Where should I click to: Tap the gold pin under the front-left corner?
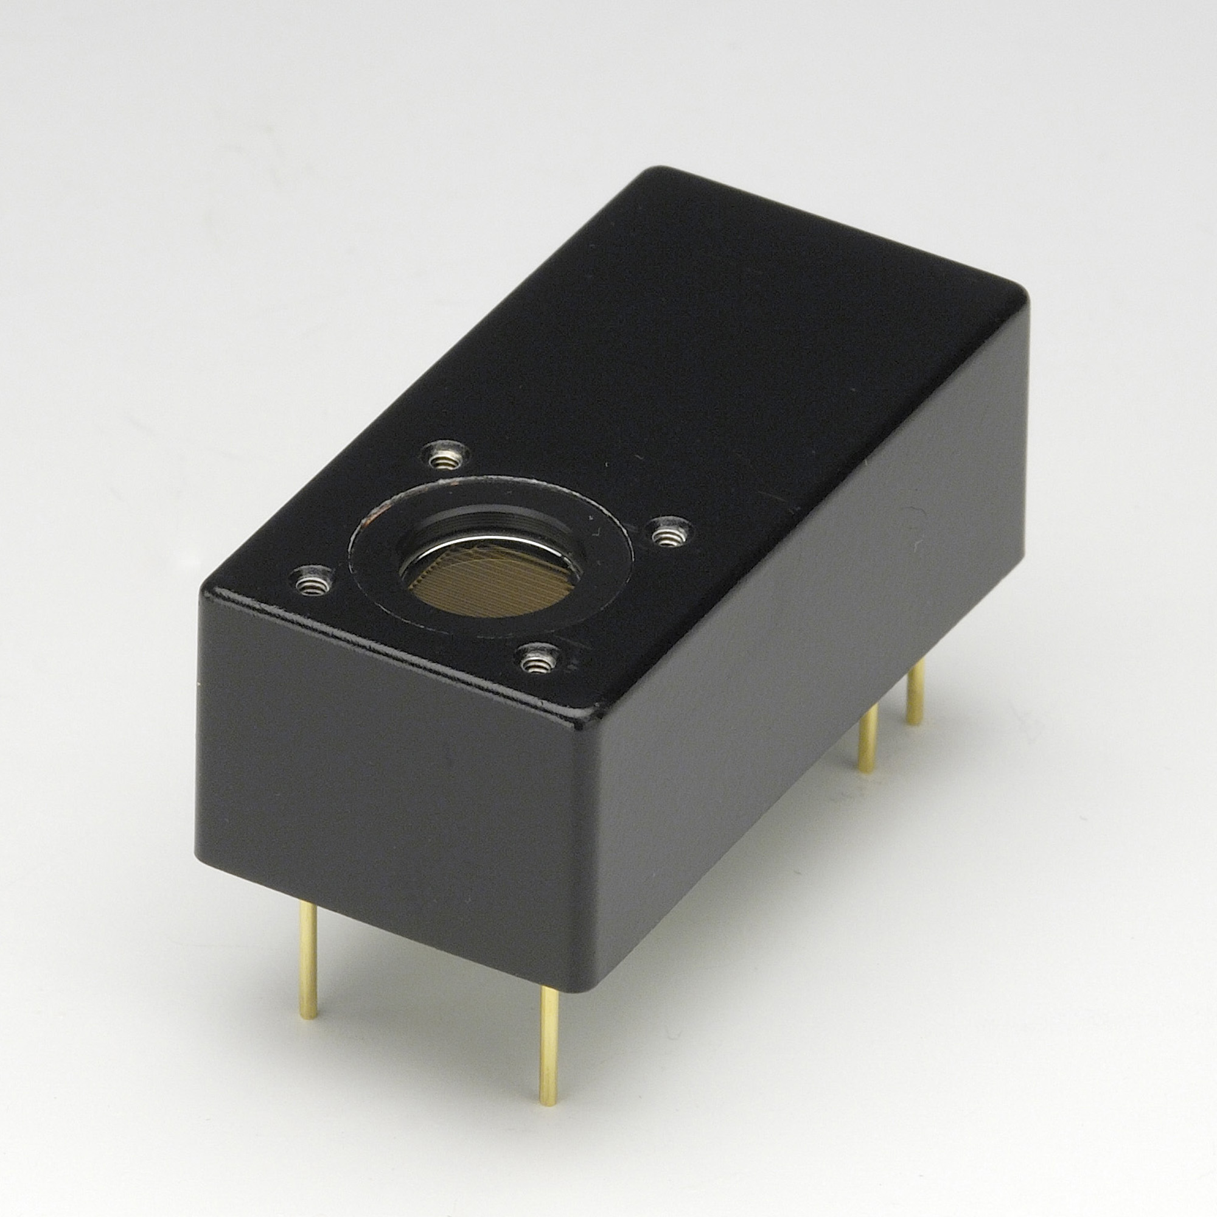tap(308, 964)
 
